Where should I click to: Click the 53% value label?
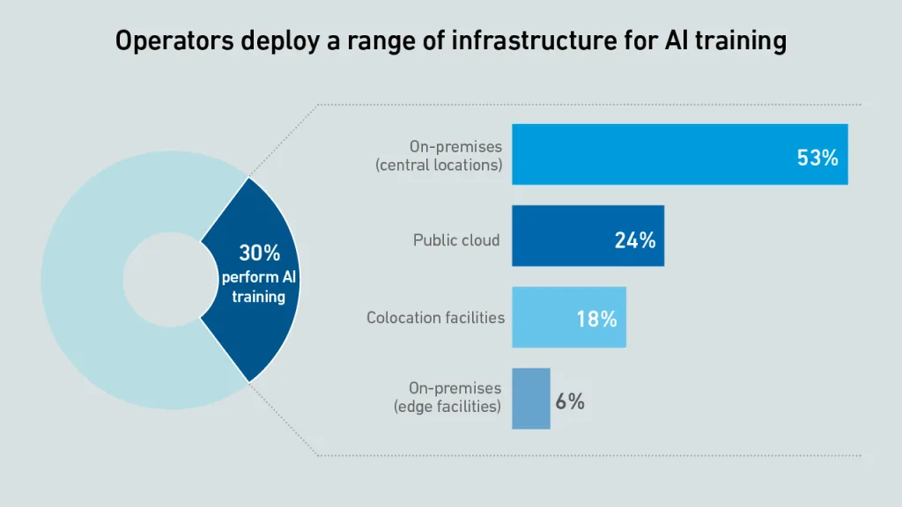coord(817,158)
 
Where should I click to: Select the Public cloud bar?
coord(588,236)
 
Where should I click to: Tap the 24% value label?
coord(635,240)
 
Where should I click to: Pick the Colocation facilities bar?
coord(569,317)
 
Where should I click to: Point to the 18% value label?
coord(597,319)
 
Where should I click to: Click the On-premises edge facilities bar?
coord(531,399)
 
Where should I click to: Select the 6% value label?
coord(570,401)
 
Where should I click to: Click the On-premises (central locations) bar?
coord(680,154)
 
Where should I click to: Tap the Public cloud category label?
coord(456,240)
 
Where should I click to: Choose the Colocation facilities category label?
coord(435,317)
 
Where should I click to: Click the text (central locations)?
coord(439,165)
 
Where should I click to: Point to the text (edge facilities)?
coord(447,407)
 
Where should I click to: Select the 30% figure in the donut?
coord(260,253)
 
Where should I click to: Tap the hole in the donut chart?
coord(170,279)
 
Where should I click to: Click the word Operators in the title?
coord(174,41)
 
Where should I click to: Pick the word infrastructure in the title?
coord(535,41)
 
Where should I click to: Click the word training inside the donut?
coord(259,298)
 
